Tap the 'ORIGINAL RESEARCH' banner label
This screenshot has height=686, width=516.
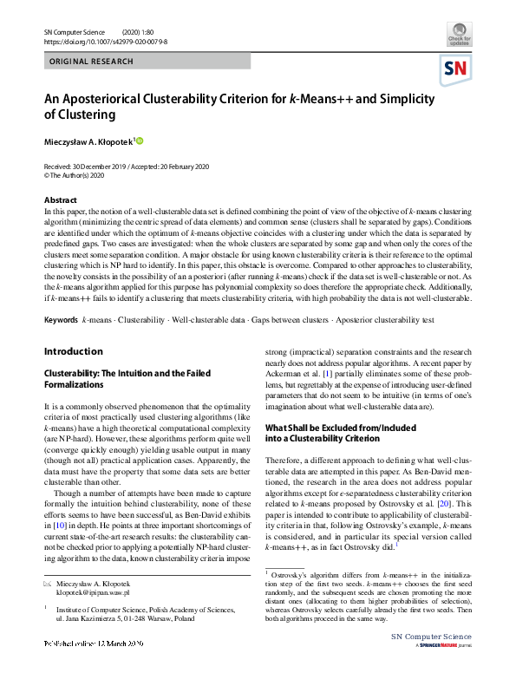pos(91,62)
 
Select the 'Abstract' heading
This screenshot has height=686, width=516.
pos(60,200)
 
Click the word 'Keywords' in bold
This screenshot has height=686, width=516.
pos(61,321)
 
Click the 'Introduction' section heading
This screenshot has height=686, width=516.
pos(74,351)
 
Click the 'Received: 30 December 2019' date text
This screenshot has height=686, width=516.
pos(88,166)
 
